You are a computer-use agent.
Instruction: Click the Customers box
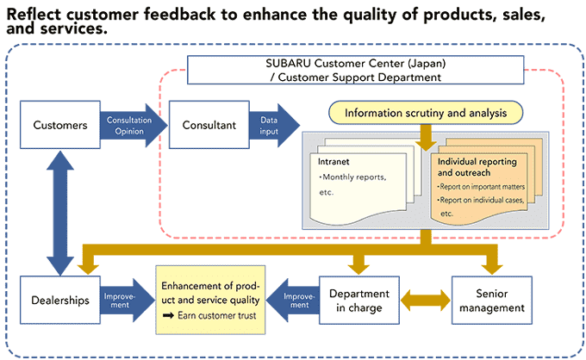[x=60, y=125]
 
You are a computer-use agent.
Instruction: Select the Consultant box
[x=209, y=125]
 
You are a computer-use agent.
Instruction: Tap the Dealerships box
[x=60, y=300]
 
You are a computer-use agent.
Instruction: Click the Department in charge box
[x=359, y=301]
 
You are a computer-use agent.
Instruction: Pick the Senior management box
[x=492, y=301]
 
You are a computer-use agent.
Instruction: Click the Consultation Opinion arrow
[x=134, y=126]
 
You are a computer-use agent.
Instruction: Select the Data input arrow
[x=274, y=126]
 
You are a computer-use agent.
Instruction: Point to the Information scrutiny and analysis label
[x=426, y=113]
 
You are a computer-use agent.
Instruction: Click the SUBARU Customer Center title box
[x=355, y=71]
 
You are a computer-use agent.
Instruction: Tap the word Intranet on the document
[x=334, y=162]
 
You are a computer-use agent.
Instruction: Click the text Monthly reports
[x=352, y=177]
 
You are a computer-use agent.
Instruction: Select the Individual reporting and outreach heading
[x=477, y=167]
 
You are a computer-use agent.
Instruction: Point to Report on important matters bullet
[x=482, y=187]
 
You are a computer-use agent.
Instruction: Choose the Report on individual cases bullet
[x=481, y=200]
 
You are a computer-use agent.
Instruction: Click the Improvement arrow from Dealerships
[x=128, y=301]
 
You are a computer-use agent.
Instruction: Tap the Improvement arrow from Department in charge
[x=293, y=301]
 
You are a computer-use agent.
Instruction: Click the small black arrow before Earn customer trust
[x=169, y=316]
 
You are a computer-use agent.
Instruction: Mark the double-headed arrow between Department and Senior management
[x=426, y=301]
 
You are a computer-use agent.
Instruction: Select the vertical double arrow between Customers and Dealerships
[x=60, y=213]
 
